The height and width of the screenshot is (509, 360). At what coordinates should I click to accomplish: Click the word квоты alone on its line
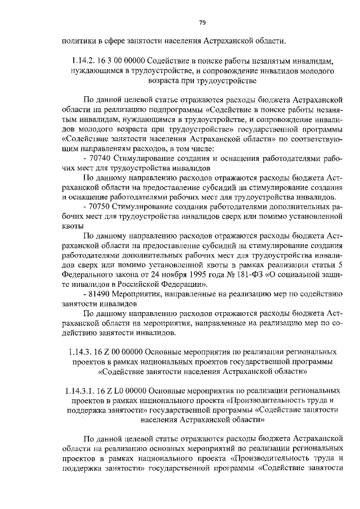tap(72, 226)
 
